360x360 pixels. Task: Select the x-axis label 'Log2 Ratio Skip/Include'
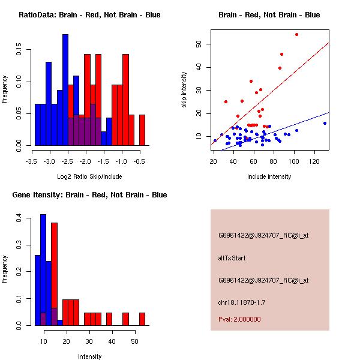click(88, 177)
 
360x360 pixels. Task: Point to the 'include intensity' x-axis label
click(269, 177)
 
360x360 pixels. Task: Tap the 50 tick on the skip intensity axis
click(199, 44)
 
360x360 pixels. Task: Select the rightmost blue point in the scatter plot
click(325, 123)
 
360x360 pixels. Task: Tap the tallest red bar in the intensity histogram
click(54, 273)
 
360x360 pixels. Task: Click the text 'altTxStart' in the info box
click(233, 258)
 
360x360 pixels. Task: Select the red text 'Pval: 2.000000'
click(239, 319)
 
